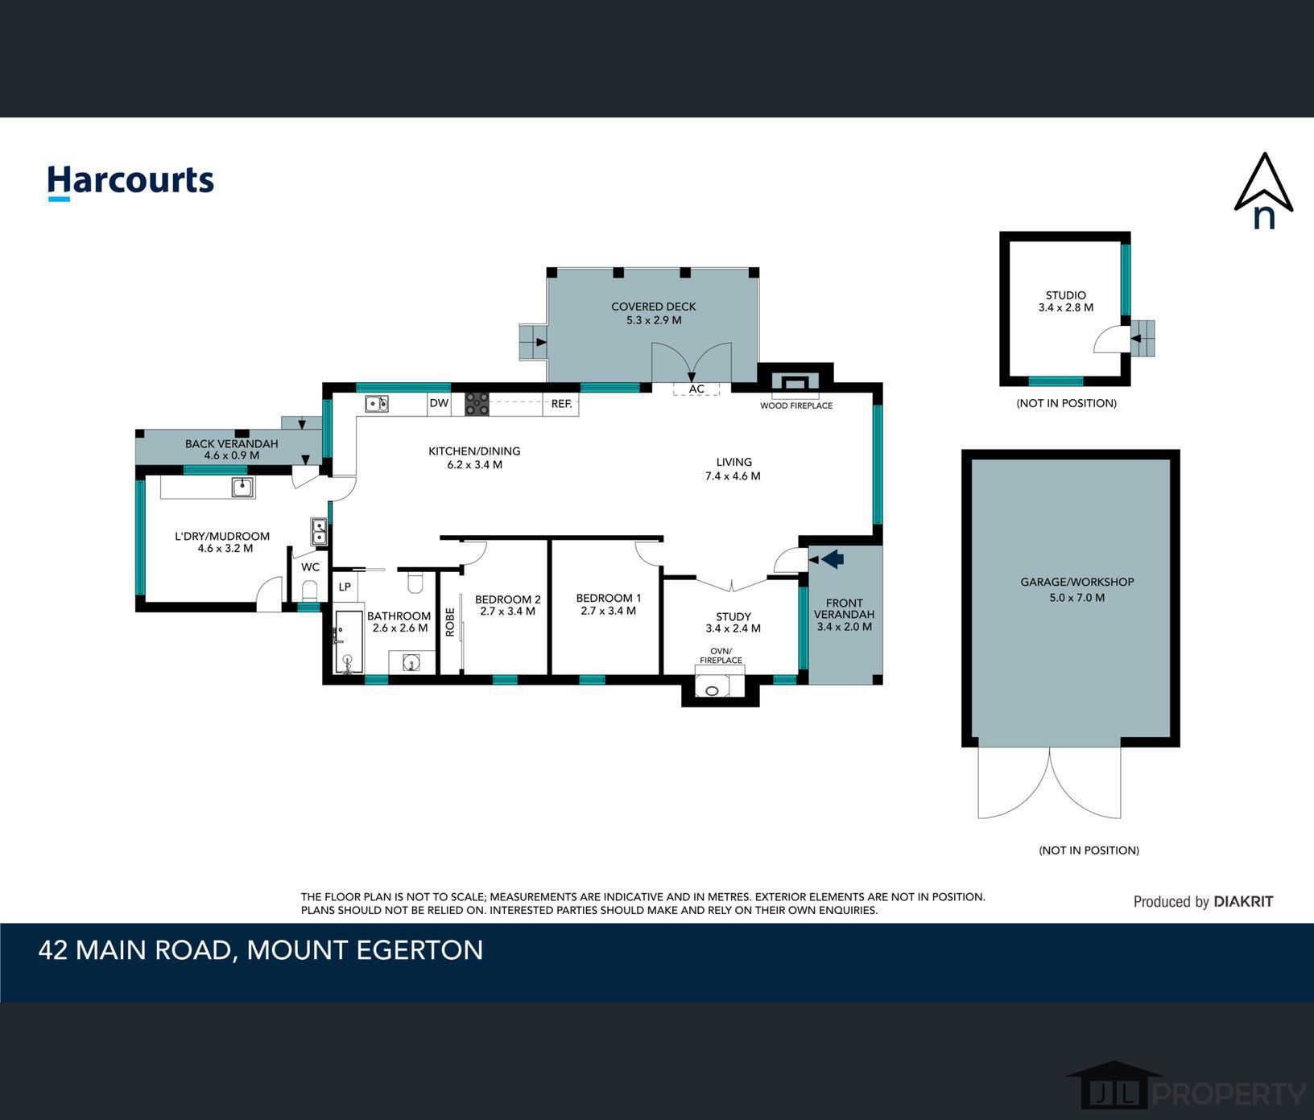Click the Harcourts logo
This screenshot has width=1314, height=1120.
(x=130, y=181)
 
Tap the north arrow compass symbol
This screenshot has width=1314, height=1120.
(x=1263, y=191)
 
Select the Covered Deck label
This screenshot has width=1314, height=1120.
(x=654, y=307)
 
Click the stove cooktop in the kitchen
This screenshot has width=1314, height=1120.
(x=477, y=404)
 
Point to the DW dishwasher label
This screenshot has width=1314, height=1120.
(x=439, y=403)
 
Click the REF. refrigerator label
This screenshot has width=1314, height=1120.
(x=561, y=404)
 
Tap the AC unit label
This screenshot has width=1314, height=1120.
(x=696, y=389)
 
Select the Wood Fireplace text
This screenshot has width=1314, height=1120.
(x=796, y=406)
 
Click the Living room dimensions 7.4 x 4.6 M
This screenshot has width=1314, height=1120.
(x=733, y=476)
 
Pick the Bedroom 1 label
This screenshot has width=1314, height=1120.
(x=609, y=598)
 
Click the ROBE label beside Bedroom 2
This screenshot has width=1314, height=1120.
(x=450, y=622)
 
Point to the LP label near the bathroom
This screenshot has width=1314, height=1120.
(x=345, y=587)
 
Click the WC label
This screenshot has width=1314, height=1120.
(x=311, y=567)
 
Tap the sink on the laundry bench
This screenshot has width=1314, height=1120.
(x=242, y=487)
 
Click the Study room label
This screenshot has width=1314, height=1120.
(x=733, y=616)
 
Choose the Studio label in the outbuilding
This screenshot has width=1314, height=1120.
(x=1066, y=295)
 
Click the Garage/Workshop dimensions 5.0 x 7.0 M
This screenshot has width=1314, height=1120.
(x=1077, y=597)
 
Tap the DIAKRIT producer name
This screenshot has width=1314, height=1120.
(x=1244, y=902)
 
